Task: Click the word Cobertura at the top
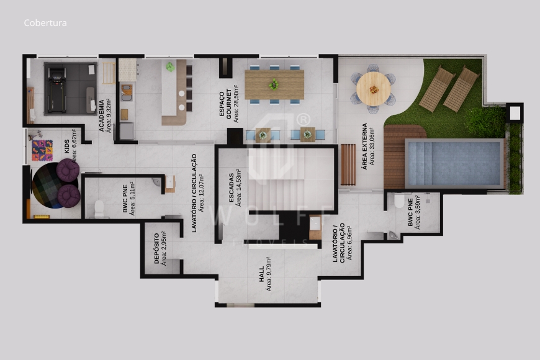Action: [45, 23]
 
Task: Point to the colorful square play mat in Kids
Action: [42, 150]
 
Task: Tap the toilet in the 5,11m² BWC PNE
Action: [97, 209]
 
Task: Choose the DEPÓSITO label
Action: [156, 249]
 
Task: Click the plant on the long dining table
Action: [273, 84]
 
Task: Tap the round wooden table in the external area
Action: [374, 88]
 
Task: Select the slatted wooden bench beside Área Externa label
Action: [348, 164]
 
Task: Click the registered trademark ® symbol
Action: [303, 119]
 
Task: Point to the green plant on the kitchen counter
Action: [169, 66]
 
